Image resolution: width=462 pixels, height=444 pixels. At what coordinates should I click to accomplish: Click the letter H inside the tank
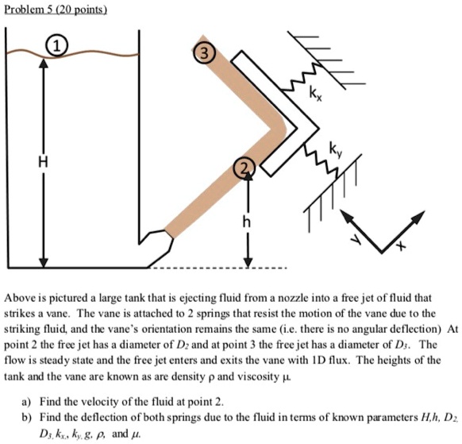32,162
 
